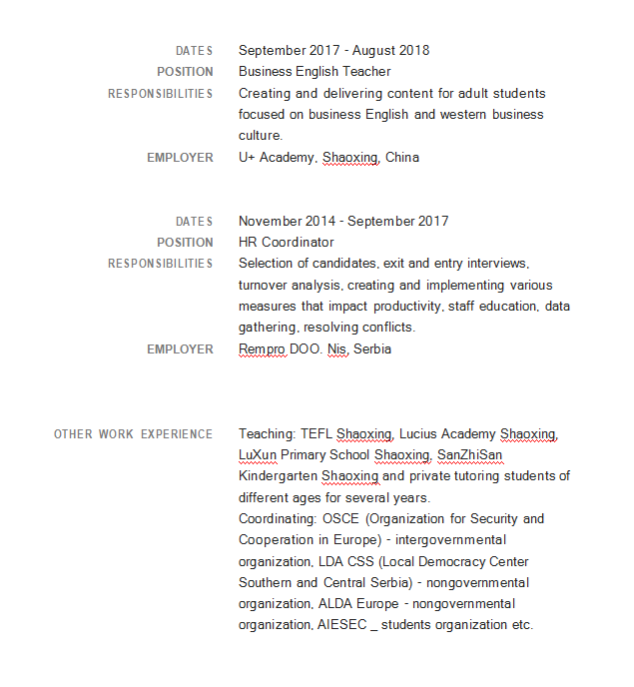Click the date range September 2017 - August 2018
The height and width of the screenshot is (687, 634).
click(333, 50)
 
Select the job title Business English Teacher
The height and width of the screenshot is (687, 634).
click(315, 72)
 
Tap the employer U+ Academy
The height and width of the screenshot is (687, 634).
click(278, 157)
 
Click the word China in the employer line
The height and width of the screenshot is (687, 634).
click(402, 157)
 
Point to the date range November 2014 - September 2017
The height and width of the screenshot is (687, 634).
click(343, 221)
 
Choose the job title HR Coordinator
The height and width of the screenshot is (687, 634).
click(286, 242)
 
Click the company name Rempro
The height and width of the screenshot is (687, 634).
click(262, 348)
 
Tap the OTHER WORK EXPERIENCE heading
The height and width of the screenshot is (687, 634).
click(133, 433)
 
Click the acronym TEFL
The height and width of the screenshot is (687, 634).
click(316, 433)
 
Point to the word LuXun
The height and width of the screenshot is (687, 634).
click(258, 455)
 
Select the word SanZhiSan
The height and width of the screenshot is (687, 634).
click(469, 455)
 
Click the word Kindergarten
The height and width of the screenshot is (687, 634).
click(278, 476)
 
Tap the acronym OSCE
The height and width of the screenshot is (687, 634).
click(339, 518)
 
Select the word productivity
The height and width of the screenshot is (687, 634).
click(406, 306)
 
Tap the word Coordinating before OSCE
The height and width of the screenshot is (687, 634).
click(276, 518)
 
